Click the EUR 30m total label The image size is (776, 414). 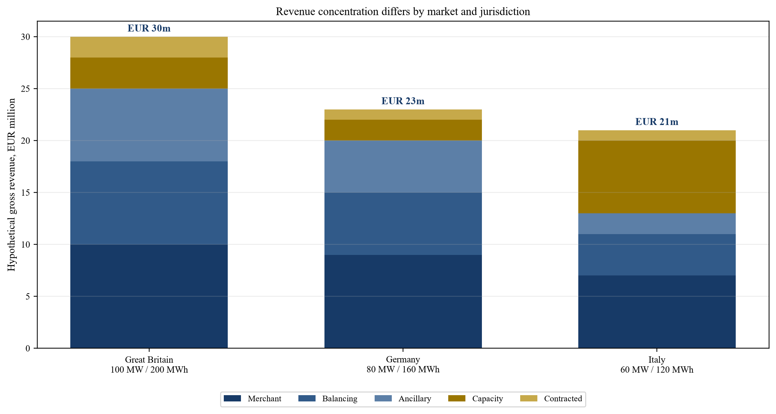pos(149,28)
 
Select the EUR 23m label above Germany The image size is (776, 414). pos(403,101)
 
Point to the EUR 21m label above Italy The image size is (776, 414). pos(657,122)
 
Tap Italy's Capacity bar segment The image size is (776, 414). pos(657,177)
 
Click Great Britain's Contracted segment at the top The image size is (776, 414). pos(149,47)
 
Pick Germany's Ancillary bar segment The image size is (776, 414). pos(403,167)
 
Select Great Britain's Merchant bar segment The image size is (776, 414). pos(149,296)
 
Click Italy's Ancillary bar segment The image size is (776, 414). pos(657,224)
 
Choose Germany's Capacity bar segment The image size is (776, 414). pos(403,130)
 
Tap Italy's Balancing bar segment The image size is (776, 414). pos(657,255)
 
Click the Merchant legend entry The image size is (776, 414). pos(253,399)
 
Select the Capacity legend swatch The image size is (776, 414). pos(457,399)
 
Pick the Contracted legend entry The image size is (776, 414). pos(551,399)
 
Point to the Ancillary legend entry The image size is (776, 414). pos(403,399)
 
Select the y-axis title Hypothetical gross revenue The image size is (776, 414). pos(12,185)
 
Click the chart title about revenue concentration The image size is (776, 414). pos(403,12)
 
